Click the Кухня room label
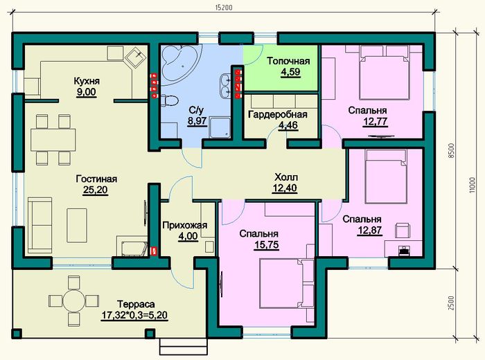click(87, 81)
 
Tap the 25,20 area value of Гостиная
click(96, 190)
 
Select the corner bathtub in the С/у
click(180, 64)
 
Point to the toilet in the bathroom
click(168, 101)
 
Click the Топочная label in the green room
click(288, 61)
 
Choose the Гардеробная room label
click(278, 114)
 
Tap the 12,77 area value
click(376, 121)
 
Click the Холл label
click(286, 177)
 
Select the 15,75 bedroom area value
click(266, 245)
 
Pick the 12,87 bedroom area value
click(369, 231)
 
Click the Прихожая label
click(184, 225)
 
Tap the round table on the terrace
click(74, 300)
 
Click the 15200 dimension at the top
click(223, 8)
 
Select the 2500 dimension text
click(451, 303)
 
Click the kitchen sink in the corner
click(136, 57)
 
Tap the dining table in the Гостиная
click(53, 140)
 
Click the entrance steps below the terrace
click(183, 346)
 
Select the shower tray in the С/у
click(220, 127)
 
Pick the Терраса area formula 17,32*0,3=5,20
click(134, 315)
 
